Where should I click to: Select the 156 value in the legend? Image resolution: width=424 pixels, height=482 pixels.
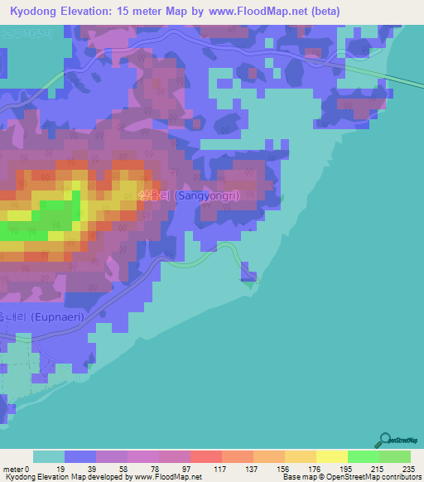click(284, 469)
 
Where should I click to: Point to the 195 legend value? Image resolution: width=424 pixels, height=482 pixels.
click(347, 469)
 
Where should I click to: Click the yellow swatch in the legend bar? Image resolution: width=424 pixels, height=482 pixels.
click(331, 456)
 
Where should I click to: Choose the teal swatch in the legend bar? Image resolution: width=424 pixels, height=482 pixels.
click(48, 456)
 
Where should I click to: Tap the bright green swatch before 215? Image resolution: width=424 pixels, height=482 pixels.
click(363, 456)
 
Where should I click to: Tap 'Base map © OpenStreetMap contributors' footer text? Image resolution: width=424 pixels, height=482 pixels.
click(350, 478)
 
